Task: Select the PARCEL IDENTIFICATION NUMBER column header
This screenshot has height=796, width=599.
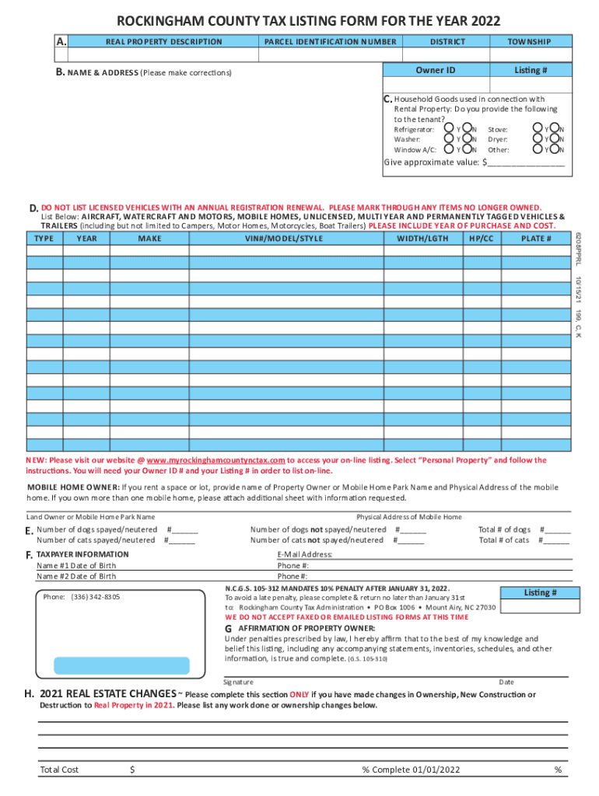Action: (330, 41)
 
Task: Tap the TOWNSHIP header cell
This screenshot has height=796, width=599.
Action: (529, 41)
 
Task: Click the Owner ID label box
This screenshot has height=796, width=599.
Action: (435, 70)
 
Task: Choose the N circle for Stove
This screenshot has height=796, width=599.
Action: (553, 129)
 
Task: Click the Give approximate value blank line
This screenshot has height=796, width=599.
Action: (526, 163)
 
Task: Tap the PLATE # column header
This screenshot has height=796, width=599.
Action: (536, 239)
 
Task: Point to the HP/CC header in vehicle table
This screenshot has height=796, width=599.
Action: (482, 239)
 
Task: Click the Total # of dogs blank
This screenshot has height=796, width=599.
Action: (558, 530)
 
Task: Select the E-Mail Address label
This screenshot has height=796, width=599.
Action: (305, 554)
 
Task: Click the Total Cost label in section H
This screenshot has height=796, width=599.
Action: (59, 770)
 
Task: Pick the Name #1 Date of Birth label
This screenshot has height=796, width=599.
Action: (76, 566)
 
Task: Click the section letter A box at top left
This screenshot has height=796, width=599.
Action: (61, 41)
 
